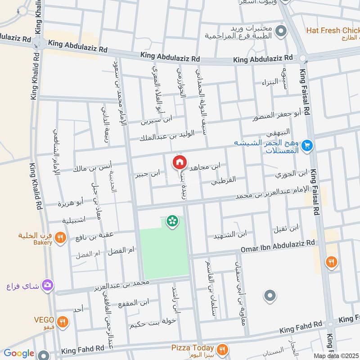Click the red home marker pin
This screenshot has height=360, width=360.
(179, 162)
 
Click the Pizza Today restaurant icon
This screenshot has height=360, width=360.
(221, 349)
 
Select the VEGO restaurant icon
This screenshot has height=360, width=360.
(63, 322)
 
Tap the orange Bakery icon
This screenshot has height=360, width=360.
(62, 237)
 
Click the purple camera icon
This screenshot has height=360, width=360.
(47, 285)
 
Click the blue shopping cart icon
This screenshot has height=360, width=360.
(307, 145)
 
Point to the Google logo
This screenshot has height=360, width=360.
(19, 353)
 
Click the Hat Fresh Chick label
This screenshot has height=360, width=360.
(333, 31)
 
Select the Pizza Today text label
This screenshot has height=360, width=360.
(192, 347)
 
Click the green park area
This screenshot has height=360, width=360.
(162, 252)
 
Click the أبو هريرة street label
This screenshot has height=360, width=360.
(70, 203)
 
